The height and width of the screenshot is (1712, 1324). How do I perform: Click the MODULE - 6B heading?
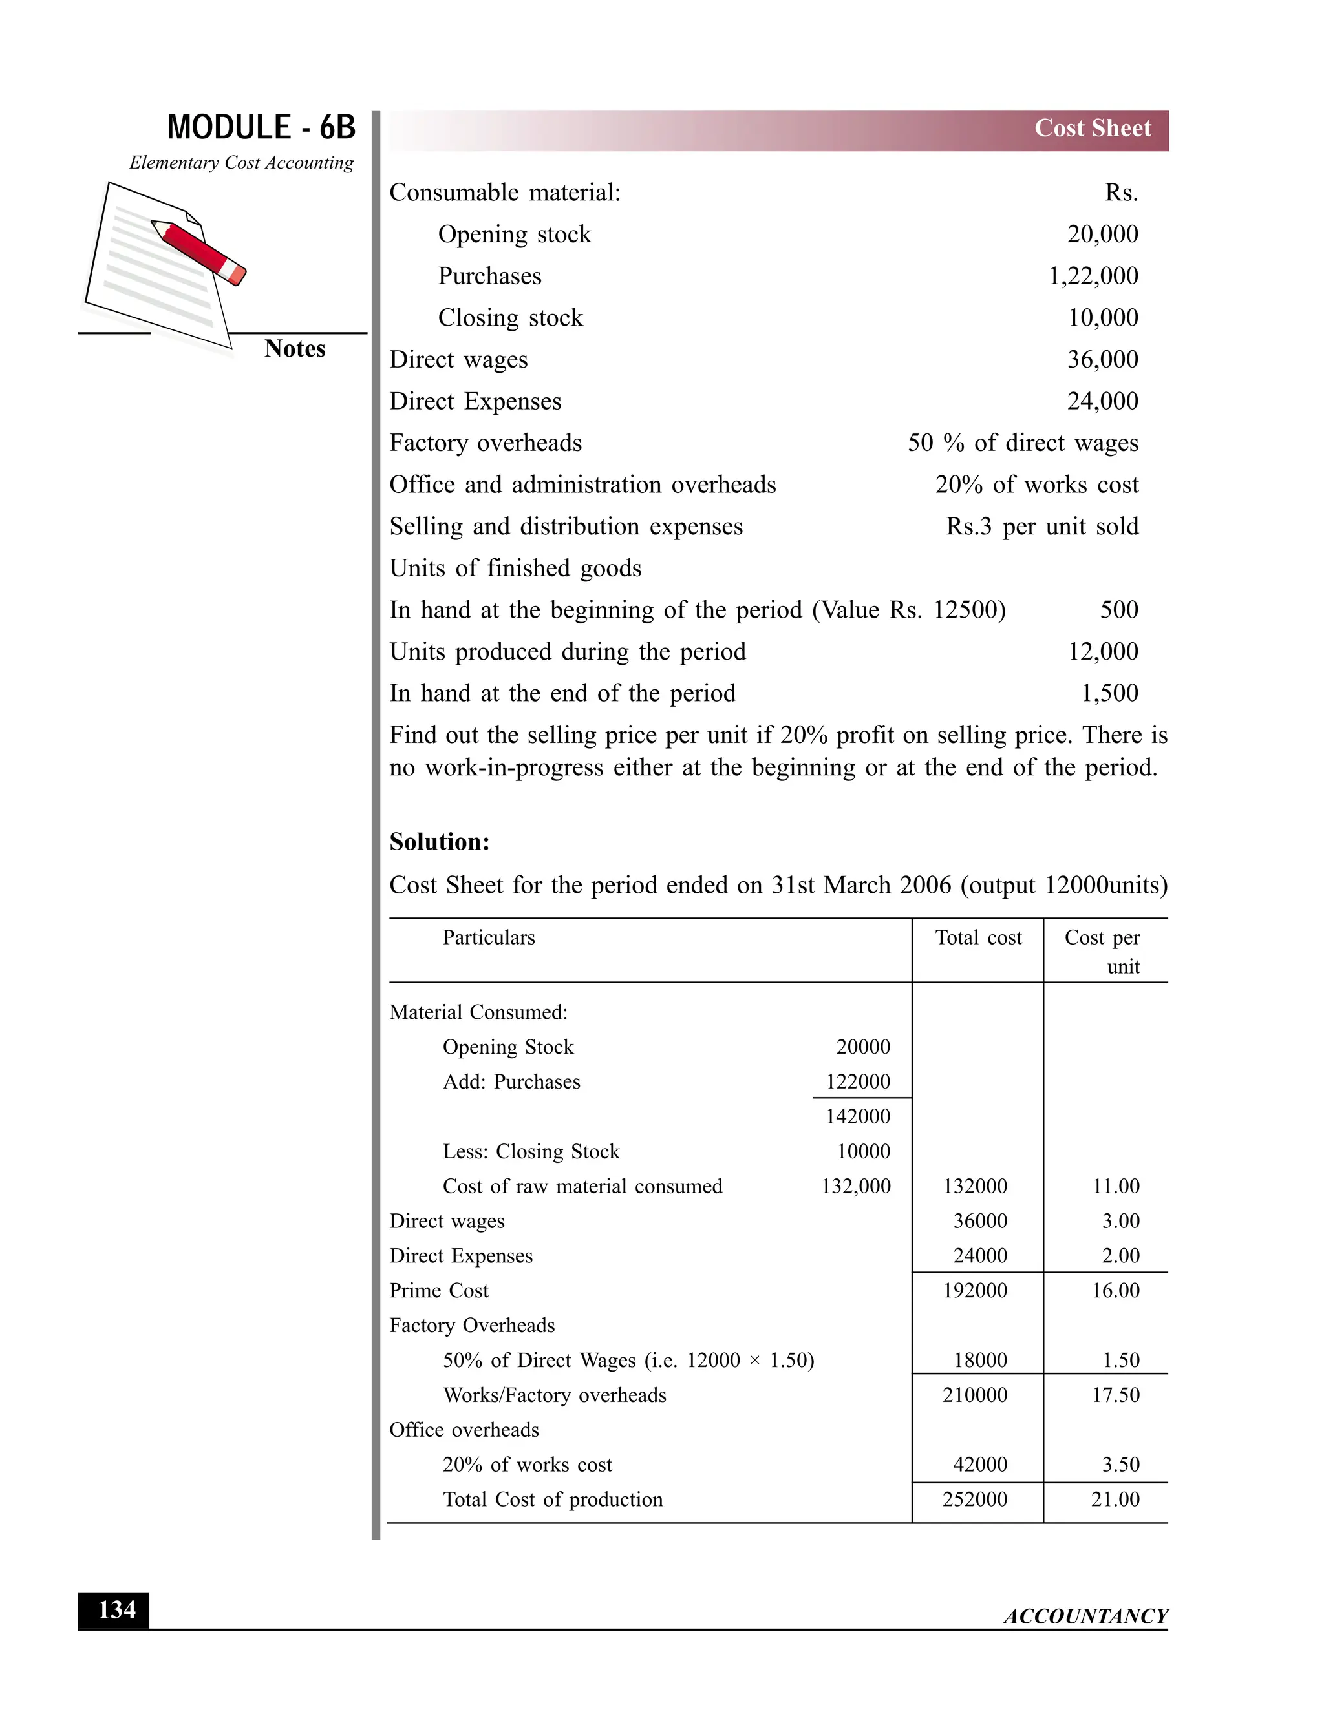261,128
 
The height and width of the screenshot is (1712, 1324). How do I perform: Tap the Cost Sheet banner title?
1092,129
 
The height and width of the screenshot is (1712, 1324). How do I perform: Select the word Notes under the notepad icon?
294,349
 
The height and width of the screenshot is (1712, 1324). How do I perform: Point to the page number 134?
116,1609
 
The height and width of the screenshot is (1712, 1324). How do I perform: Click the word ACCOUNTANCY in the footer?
1085,1616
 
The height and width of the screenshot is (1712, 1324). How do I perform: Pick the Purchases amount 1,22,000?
1093,276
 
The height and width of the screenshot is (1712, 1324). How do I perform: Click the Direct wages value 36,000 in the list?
1102,360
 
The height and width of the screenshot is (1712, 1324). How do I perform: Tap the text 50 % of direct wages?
1022,443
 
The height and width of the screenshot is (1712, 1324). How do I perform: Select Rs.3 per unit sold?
1041,527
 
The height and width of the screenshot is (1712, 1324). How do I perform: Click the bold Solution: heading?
439,842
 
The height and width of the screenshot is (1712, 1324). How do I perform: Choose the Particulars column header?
489,937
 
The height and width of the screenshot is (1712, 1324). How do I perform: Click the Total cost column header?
978,937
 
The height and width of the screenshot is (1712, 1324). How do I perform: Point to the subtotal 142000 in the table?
857,1116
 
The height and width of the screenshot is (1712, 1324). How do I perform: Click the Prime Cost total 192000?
975,1290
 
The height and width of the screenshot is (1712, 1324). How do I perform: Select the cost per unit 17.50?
1115,1395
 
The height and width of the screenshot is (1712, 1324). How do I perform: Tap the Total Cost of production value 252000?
975,1499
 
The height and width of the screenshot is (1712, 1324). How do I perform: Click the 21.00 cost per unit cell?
1115,1499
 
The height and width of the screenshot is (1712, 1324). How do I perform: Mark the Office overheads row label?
464,1430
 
